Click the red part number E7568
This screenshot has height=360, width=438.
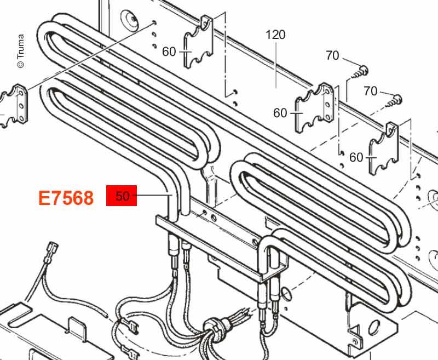(x=66, y=198)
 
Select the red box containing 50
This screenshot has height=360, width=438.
(x=122, y=196)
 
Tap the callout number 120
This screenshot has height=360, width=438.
(x=275, y=35)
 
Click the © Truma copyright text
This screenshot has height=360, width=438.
(x=21, y=51)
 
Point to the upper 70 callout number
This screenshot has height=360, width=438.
(x=332, y=56)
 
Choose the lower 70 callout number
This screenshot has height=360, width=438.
(x=371, y=91)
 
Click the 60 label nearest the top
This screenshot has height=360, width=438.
(x=169, y=52)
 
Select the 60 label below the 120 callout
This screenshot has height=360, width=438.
(x=280, y=113)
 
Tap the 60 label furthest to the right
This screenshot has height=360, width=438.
(x=356, y=158)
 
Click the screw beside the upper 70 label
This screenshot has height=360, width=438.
(x=360, y=72)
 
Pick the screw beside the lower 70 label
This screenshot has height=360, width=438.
(x=394, y=101)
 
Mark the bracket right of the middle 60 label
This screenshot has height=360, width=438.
(x=315, y=107)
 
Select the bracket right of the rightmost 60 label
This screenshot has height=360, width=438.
(x=384, y=148)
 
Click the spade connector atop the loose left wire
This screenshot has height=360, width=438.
(x=53, y=248)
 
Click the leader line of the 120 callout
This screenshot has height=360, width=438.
(x=276, y=64)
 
